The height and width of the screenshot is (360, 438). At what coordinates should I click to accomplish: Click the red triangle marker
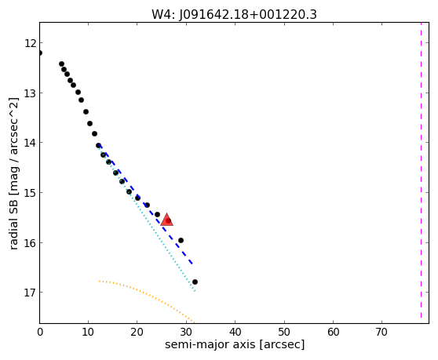166,220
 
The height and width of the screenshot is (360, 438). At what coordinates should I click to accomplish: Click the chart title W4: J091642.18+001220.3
234,15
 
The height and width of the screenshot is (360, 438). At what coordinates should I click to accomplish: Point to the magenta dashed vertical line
421,169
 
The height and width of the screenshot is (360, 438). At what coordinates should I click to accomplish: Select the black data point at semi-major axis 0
40,53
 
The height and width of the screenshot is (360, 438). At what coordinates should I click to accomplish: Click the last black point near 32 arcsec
195,282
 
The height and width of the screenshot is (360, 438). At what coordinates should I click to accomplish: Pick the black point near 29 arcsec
181,240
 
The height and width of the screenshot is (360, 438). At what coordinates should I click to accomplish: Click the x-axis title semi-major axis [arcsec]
235,344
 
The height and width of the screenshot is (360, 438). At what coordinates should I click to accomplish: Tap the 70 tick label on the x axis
381,332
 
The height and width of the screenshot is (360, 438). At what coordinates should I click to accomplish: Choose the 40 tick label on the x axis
235,332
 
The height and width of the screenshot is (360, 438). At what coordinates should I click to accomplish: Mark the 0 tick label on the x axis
40,332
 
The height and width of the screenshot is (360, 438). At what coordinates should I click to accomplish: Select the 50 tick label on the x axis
284,332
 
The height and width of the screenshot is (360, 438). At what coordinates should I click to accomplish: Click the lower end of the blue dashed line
192,264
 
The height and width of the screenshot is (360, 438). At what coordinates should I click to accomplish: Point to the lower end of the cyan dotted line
195,291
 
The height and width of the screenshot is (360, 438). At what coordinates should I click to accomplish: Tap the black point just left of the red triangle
157,214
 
